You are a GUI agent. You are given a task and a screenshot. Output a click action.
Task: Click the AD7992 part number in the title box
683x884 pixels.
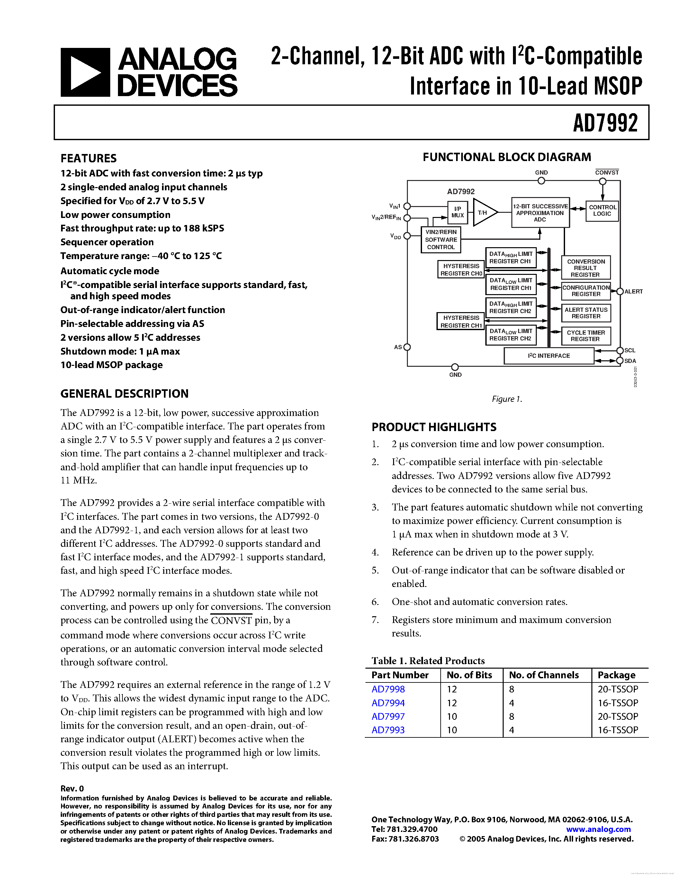pyautogui.click(x=605, y=123)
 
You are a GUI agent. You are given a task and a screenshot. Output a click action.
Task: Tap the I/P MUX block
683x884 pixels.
pyautogui.click(x=457, y=212)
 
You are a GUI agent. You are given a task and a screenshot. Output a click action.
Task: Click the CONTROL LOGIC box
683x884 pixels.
pyautogui.click(x=602, y=211)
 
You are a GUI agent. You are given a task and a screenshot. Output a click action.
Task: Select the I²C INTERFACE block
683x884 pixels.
pyautogui.click(x=549, y=356)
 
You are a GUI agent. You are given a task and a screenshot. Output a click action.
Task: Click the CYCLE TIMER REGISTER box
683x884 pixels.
pyautogui.click(x=586, y=336)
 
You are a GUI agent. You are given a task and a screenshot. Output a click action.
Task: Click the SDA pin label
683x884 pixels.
pyautogui.click(x=630, y=361)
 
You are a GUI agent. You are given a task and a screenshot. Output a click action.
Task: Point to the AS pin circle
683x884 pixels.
pyautogui.click(x=407, y=347)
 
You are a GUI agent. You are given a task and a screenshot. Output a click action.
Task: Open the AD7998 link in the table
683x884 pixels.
pyautogui.click(x=388, y=689)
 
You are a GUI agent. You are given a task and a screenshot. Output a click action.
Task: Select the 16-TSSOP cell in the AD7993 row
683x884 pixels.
pyautogui.click(x=617, y=730)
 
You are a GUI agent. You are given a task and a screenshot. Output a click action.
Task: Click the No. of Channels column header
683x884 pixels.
pyautogui.click(x=544, y=675)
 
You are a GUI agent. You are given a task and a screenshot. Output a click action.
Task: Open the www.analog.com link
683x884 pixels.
pyautogui.click(x=598, y=829)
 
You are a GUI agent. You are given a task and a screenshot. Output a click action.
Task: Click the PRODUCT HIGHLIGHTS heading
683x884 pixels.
pyautogui.click(x=434, y=427)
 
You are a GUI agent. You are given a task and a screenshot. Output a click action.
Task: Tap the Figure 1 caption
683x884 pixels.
pyautogui.click(x=507, y=399)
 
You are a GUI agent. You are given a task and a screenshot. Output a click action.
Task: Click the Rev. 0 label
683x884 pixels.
pyautogui.click(x=72, y=789)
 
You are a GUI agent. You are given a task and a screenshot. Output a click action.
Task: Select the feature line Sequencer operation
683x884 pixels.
pyautogui.click(x=107, y=242)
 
